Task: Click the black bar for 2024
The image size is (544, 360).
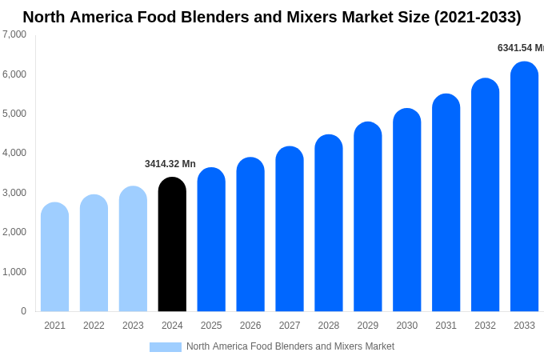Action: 172,245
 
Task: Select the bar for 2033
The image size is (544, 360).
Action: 524,187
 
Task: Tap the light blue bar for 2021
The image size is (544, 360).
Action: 54,258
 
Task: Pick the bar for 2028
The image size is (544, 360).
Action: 328,223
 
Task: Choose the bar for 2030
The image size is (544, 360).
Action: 406,210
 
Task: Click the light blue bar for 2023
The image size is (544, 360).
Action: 133,250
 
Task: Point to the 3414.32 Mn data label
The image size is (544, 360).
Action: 170,164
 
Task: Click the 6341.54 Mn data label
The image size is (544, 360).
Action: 520,48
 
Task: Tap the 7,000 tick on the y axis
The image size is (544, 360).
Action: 14,34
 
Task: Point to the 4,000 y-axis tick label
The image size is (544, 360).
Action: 14,153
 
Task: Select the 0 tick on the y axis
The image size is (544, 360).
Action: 23,311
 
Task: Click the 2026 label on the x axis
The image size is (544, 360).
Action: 250,326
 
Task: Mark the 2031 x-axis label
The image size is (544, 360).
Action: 446,326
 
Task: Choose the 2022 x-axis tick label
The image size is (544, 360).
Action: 94,326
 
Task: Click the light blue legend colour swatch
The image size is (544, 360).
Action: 165,347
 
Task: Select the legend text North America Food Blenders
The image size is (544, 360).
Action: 290,346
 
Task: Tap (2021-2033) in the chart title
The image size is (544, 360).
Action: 477,17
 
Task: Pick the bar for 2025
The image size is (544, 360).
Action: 211,240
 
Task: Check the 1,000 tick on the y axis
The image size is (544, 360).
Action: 14,272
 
